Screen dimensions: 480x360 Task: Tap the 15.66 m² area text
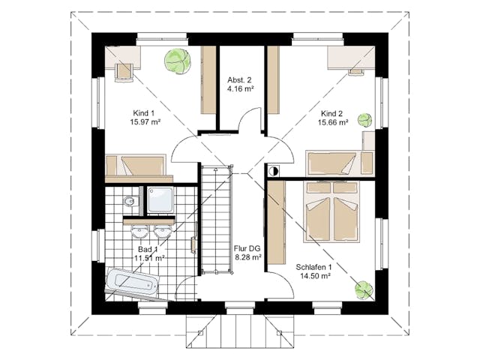pyautogui.click(x=334, y=122)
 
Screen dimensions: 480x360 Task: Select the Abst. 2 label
pyautogui.click(x=239, y=80)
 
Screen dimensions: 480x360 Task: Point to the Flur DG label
pyautogui.click(x=247, y=248)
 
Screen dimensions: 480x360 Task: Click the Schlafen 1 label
pyautogui.click(x=313, y=267)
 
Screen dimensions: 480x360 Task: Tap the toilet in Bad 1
pyautogui.click(x=130, y=202)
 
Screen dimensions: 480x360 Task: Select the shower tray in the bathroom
pyautogui.click(x=160, y=199)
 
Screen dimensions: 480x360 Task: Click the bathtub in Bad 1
pyautogui.click(x=133, y=282)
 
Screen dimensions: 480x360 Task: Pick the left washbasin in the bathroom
pyautogui.click(x=139, y=232)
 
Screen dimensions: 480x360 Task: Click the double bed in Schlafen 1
pyautogui.click(x=332, y=211)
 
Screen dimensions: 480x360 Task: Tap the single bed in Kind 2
pyautogui.click(x=334, y=163)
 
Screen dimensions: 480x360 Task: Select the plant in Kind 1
pyautogui.click(x=178, y=61)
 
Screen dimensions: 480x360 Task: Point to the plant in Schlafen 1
pyautogui.click(x=364, y=289)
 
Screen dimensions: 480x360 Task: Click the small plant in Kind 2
pyautogui.click(x=365, y=120)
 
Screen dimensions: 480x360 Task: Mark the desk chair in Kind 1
pyautogui.click(x=124, y=73)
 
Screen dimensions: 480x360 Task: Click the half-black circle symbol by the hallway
pyautogui.click(x=273, y=171)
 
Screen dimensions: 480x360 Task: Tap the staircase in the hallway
pyautogui.click(x=216, y=219)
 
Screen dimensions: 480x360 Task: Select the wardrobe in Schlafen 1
pyautogui.click(x=276, y=223)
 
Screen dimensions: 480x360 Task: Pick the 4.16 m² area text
pyautogui.click(x=240, y=89)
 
